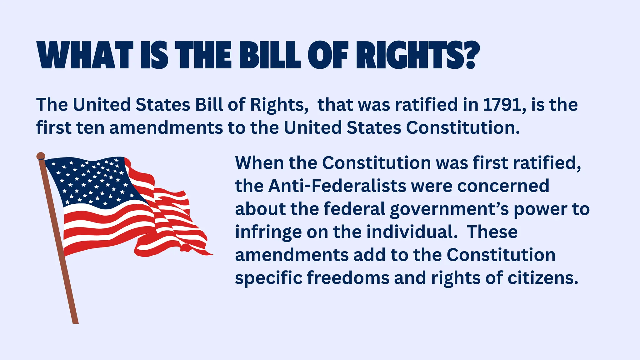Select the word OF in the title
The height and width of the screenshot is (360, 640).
(x=328, y=55)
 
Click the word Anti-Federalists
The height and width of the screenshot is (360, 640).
(x=337, y=186)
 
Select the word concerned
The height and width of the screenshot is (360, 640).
(x=503, y=186)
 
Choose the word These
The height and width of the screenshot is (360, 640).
(x=492, y=232)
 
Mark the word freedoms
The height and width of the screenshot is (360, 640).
(x=348, y=278)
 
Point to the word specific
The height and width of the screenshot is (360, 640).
(x=268, y=278)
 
